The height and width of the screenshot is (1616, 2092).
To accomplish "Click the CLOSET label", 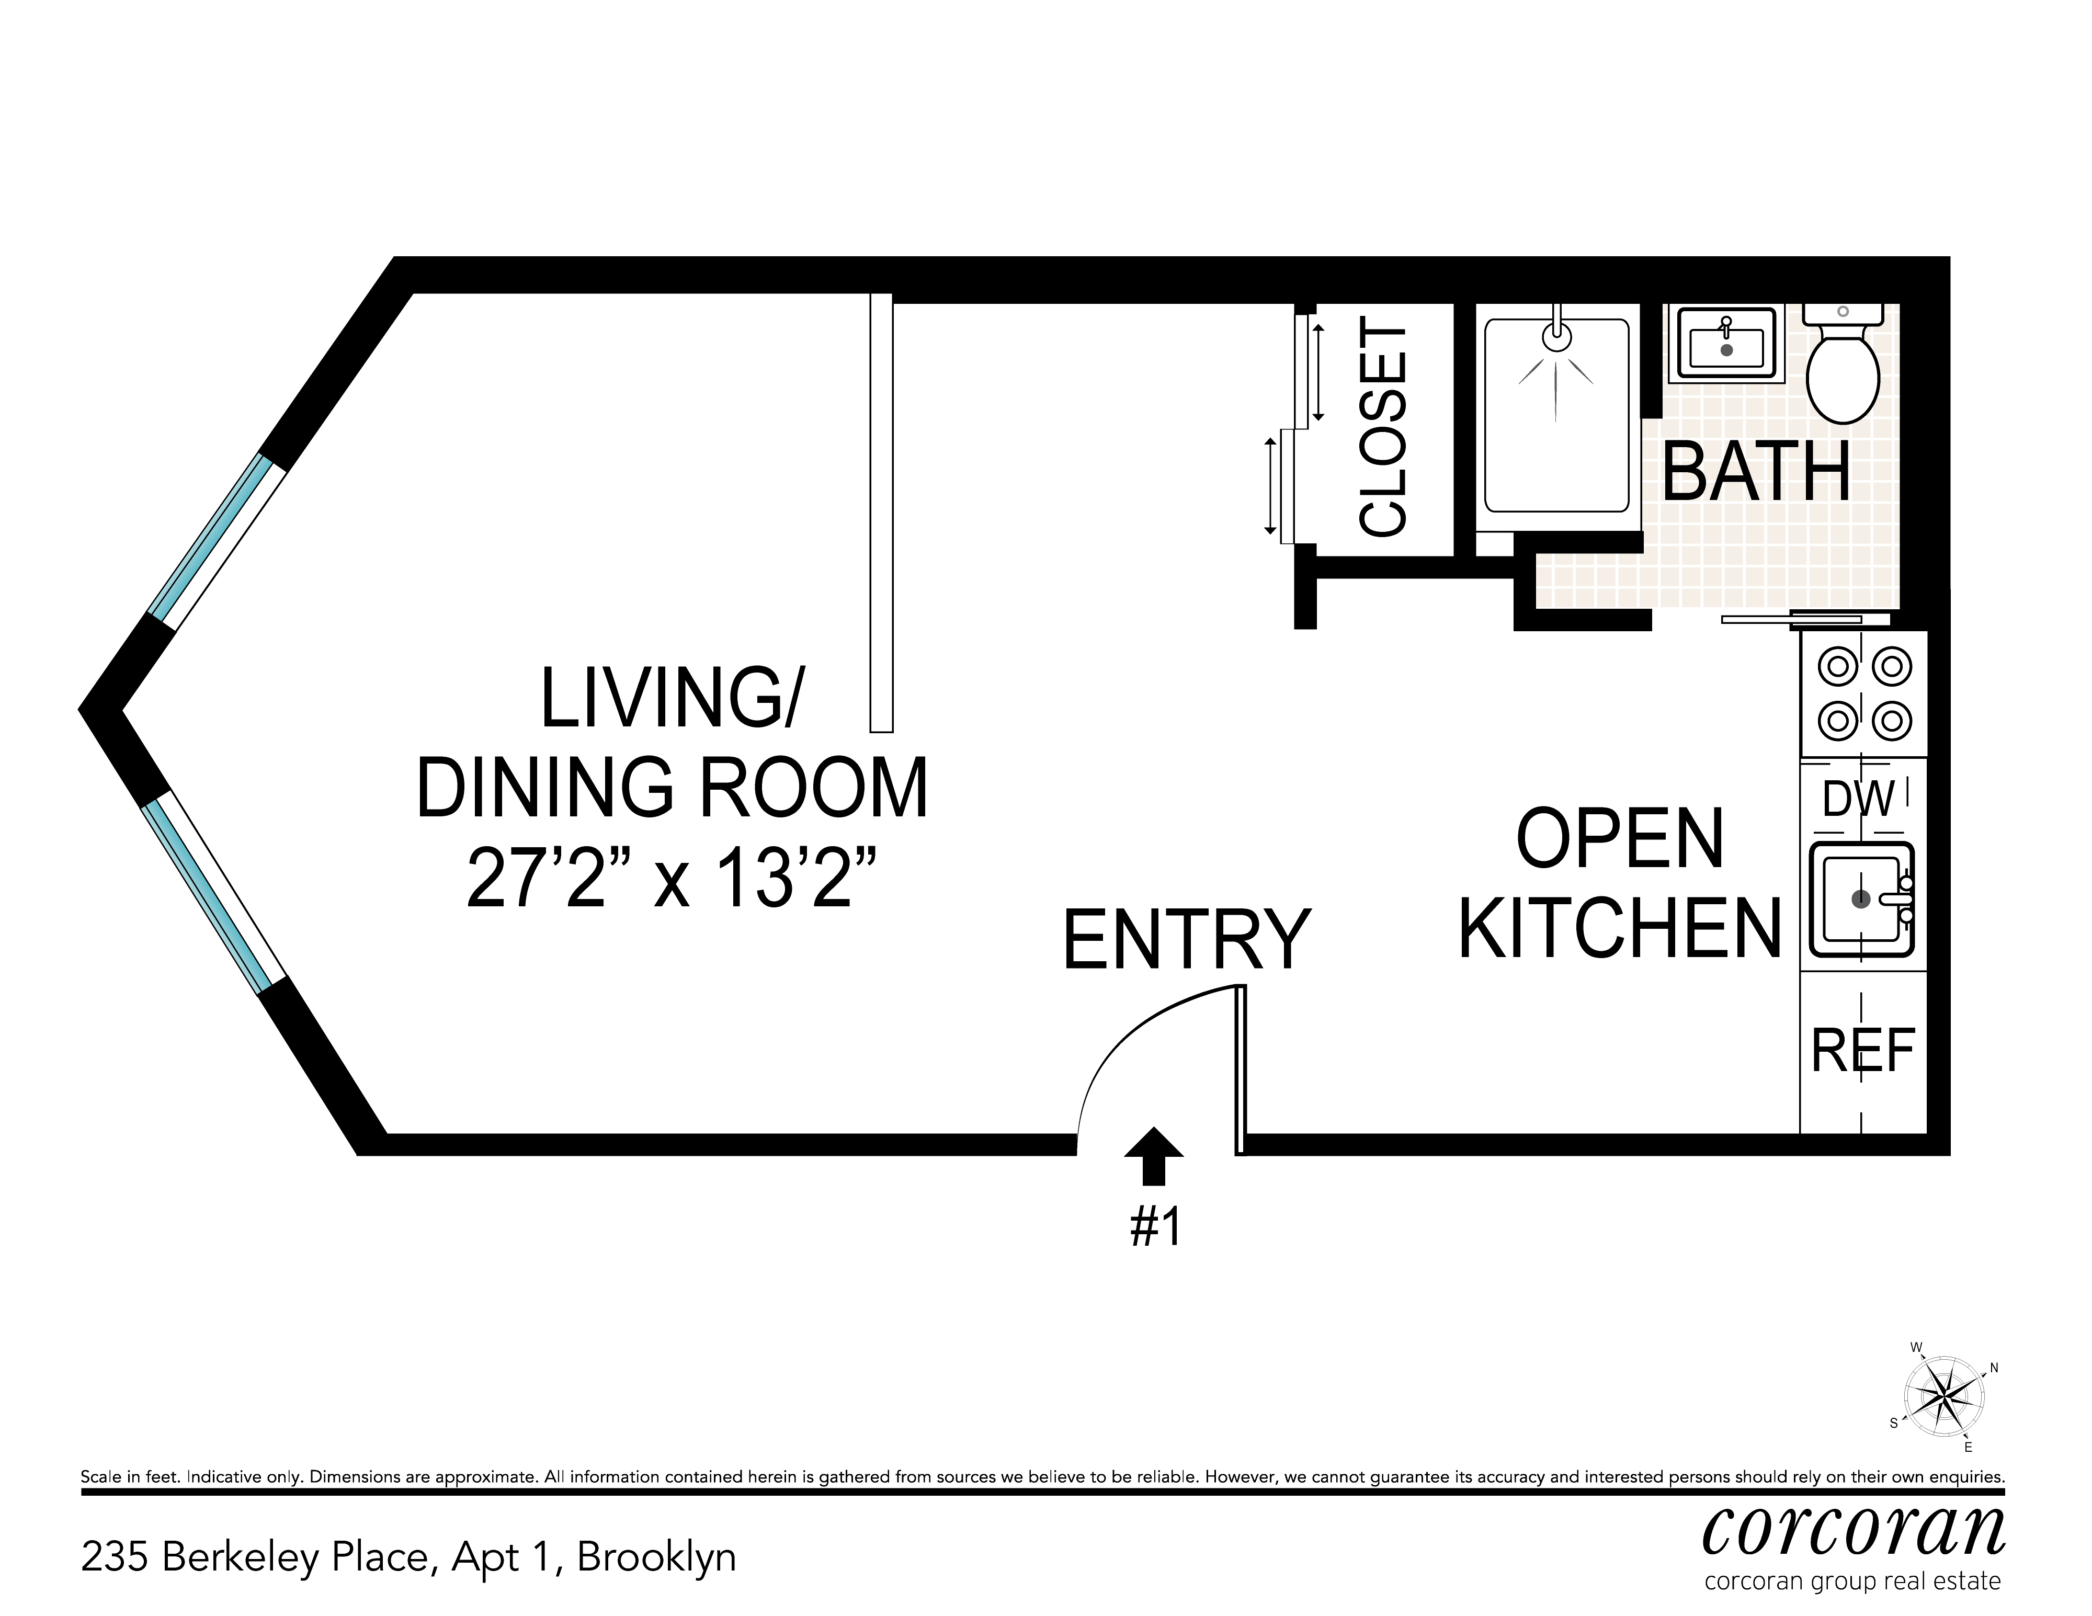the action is pyautogui.click(x=1383, y=430).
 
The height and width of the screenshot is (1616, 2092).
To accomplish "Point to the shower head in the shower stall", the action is pyautogui.click(x=1557, y=335).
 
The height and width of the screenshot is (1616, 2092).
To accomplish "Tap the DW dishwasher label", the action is pyautogui.click(x=1858, y=798).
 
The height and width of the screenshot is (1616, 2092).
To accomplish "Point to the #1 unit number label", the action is pyautogui.click(x=1156, y=1227).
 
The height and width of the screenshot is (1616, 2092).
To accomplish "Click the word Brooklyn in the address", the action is pyautogui.click(x=656, y=1558).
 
